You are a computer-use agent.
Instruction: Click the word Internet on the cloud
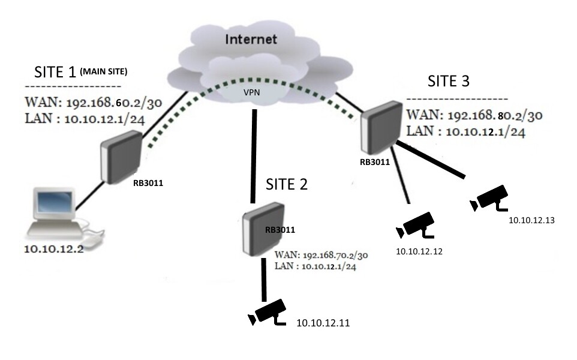[251, 40]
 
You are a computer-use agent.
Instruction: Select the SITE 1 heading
[55, 73]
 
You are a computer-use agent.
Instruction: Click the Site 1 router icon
[121, 158]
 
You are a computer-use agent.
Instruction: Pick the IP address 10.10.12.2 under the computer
[53, 248]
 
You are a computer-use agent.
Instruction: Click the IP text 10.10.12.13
[531, 221]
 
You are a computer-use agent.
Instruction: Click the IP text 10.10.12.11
[323, 323]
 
